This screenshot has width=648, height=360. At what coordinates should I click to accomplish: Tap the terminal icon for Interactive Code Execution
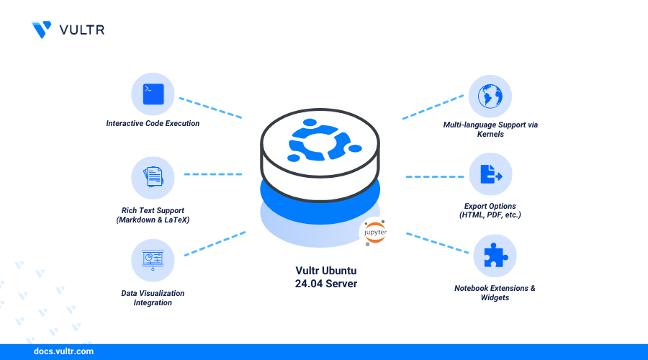pos(153,94)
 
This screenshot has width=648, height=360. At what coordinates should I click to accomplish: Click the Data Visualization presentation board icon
pos(153,259)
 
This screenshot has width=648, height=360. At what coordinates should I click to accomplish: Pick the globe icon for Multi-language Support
pos(490,96)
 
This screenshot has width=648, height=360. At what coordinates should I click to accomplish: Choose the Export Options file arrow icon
pos(490,175)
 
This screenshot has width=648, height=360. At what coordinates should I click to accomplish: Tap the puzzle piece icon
pos(494,256)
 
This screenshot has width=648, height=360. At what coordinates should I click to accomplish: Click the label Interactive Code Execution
pos(153,123)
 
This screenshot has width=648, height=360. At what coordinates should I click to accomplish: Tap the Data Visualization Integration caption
pos(152,297)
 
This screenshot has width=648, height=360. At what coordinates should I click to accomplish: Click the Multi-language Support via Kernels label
pos(490,130)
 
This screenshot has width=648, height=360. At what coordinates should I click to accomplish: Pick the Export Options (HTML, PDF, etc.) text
pos(490,210)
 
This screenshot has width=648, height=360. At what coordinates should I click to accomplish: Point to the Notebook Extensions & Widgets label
pos(494,292)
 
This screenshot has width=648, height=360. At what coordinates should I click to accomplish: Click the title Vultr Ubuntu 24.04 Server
pos(326,277)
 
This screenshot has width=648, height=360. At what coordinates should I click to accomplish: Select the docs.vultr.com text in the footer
pos(63,352)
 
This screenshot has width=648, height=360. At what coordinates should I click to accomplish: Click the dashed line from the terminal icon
pos(210,108)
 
